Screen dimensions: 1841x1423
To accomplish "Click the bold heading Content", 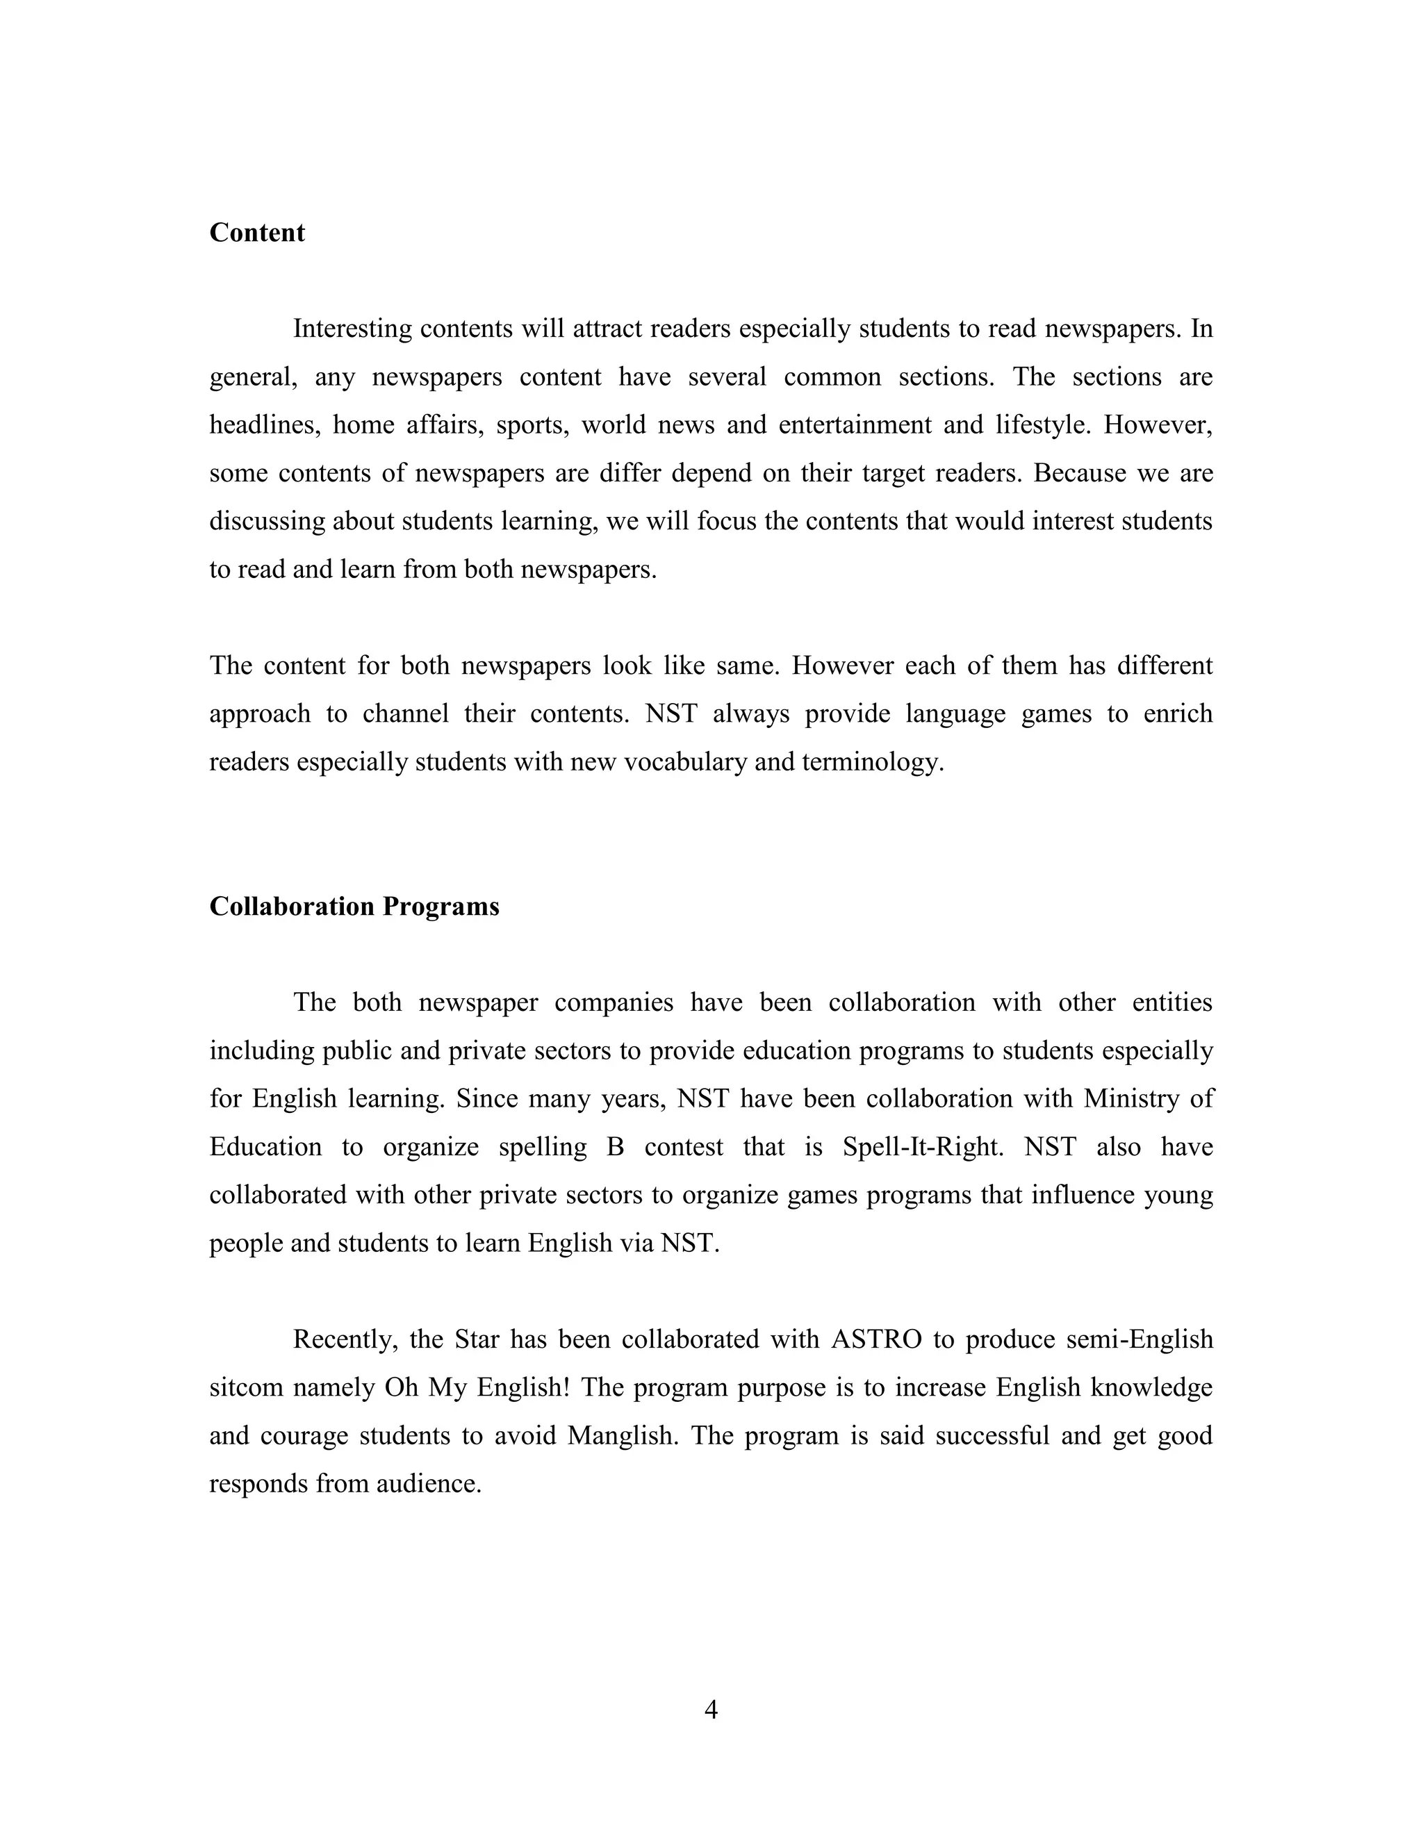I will pyautogui.click(x=256, y=233).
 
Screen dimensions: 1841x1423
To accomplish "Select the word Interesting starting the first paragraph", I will pyautogui.click(x=352, y=328).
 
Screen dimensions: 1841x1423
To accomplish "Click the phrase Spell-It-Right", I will pyautogui.click(x=922, y=1147).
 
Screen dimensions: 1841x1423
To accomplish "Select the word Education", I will pyautogui.click(x=265, y=1147).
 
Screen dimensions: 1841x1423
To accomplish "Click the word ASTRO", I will pyautogui.click(x=876, y=1339).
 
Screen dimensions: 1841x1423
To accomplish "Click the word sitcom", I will pyautogui.click(x=245, y=1387).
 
